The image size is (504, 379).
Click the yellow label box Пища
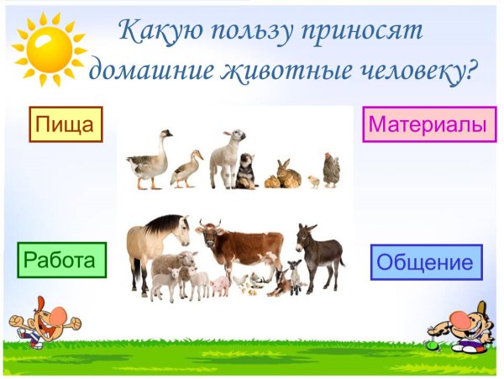click(66, 124)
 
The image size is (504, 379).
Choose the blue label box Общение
click(426, 262)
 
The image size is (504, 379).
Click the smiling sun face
click(49, 50)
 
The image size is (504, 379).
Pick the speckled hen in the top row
click(331, 169)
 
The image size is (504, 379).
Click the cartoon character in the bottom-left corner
click(42, 319)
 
